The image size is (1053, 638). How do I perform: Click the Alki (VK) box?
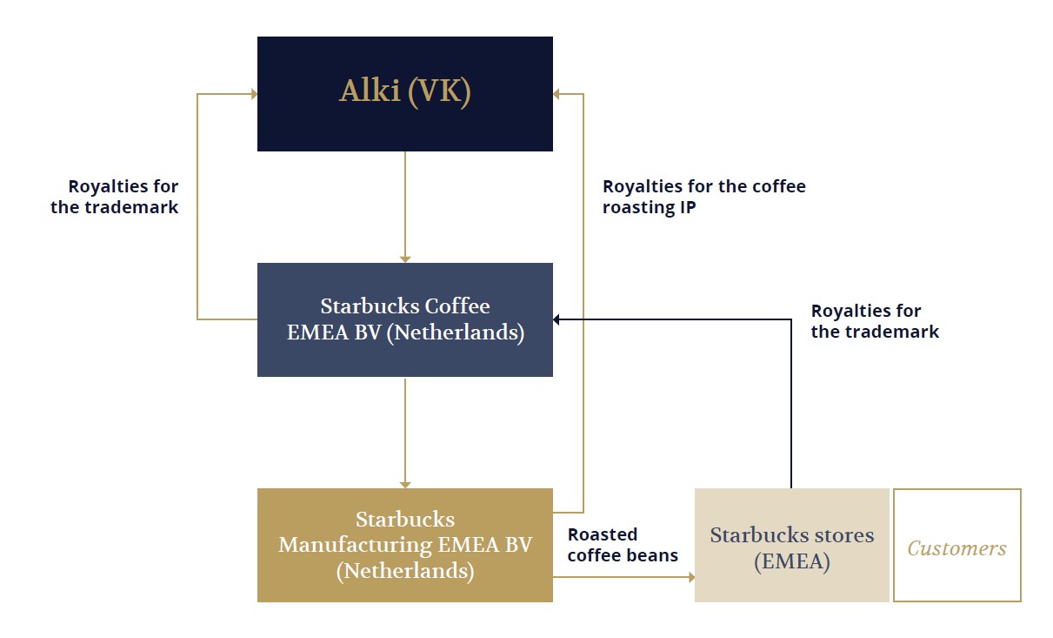click(x=404, y=94)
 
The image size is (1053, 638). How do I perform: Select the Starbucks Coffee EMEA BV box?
click(x=404, y=319)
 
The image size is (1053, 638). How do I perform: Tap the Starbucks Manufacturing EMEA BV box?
click(x=404, y=545)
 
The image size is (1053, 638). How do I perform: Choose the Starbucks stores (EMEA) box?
click(x=791, y=545)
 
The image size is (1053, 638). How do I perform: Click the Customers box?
click(x=957, y=545)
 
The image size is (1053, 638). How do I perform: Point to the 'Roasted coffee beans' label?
click(x=623, y=545)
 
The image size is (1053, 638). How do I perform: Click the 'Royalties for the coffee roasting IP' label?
click(x=703, y=197)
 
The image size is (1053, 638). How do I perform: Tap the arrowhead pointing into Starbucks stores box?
click(x=691, y=577)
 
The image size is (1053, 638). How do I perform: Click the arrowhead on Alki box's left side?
click(x=254, y=94)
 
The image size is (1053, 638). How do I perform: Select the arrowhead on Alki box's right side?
click(x=556, y=94)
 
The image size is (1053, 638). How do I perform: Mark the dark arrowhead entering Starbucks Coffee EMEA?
click(x=556, y=319)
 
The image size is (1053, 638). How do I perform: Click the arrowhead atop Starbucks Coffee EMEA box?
click(x=404, y=259)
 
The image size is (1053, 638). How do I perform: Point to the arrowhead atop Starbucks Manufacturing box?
click(x=404, y=485)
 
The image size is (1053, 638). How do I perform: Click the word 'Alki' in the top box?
click(x=370, y=91)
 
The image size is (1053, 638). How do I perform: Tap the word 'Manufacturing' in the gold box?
click(x=356, y=545)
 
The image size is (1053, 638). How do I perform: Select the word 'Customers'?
click(x=956, y=548)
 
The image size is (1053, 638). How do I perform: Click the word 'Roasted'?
click(x=603, y=534)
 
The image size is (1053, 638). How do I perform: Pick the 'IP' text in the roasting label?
click(x=688, y=207)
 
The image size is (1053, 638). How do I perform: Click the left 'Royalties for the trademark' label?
click(x=114, y=197)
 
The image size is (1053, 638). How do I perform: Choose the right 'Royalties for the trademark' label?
click(x=875, y=321)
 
